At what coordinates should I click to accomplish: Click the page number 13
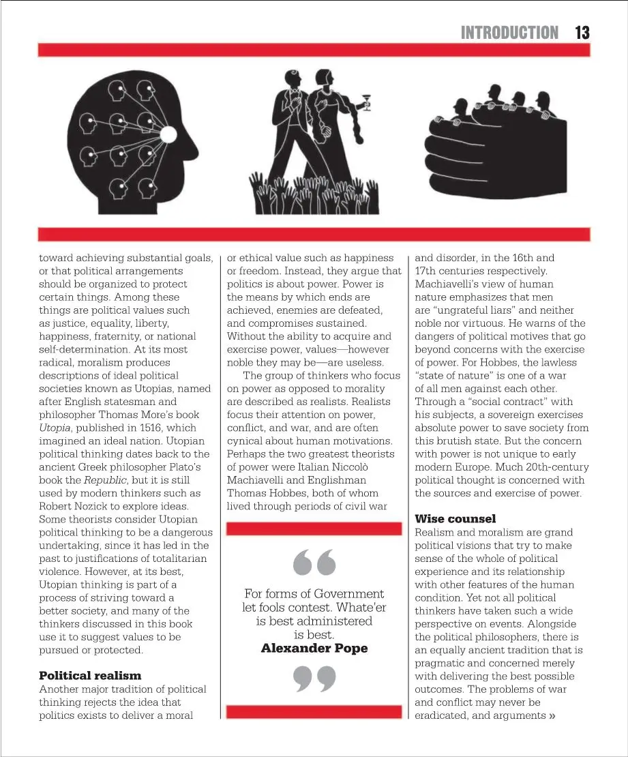tap(582, 32)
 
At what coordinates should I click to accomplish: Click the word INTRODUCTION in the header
tap(509, 32)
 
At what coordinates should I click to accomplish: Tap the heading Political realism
tap(90, 675)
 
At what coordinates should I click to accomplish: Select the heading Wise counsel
tap(455, 519)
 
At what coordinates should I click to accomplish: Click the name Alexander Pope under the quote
tap(314, 648)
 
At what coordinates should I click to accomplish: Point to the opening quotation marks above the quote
tap(314, 563)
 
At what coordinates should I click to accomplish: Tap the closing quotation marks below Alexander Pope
tap(314, 679)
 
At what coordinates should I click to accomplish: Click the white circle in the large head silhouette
tap(168, 134)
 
